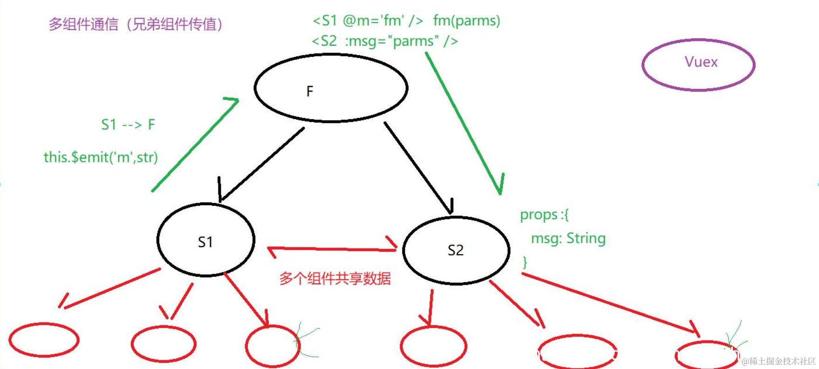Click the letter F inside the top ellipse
click(310, 91)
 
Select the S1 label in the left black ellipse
click(205, 242)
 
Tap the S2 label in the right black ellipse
click(455, 250)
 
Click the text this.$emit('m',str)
click(101, 157)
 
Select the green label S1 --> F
click(128, 125)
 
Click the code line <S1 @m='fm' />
click(368, 21)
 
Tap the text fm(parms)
click(466, 21)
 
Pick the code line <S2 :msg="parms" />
click(385, 41)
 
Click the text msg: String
click(568, 239)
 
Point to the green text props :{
click(544, 215)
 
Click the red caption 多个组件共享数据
click(335, 279)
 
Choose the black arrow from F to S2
click(418, 168)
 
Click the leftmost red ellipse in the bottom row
click(44, 340)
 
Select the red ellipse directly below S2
click(433, 347)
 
